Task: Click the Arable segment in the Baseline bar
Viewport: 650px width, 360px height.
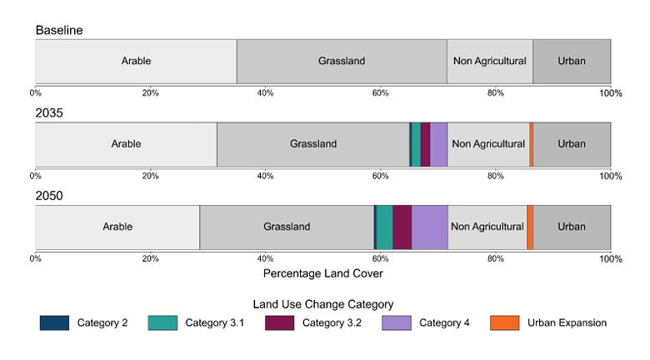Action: coord(136,61)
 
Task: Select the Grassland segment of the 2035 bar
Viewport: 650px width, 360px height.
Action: coord(313,144)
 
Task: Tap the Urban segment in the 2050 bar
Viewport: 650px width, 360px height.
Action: coord(572,227)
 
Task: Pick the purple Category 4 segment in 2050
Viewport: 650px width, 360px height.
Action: coord(430,227)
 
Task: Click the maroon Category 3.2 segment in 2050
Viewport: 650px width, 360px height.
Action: coord(402,227)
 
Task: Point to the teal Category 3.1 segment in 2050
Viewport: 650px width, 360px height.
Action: coord(384,227)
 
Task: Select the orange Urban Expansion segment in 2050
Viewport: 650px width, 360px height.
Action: coord(530,227)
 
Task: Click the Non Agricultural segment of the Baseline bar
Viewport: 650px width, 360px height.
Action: coord(490,61)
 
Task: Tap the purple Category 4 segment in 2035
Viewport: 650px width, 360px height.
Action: coord(438,144)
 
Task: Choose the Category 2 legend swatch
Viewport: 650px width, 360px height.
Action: coord(54,323)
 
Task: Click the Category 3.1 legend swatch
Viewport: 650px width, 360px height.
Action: coord(162,323)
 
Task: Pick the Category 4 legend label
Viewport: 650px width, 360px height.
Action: coord(444,323)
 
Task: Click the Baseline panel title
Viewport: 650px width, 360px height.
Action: coord(59,31)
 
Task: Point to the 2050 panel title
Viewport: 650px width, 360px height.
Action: coord(49,197)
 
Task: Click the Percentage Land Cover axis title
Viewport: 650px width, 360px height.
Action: coord(323,273)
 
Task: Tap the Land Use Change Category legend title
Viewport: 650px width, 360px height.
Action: coord(323,304)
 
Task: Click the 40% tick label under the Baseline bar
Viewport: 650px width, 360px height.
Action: coord(266,93)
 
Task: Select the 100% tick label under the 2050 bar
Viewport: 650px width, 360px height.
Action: coord(611,259)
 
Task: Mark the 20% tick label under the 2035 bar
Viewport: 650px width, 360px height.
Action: coord(151,176)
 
